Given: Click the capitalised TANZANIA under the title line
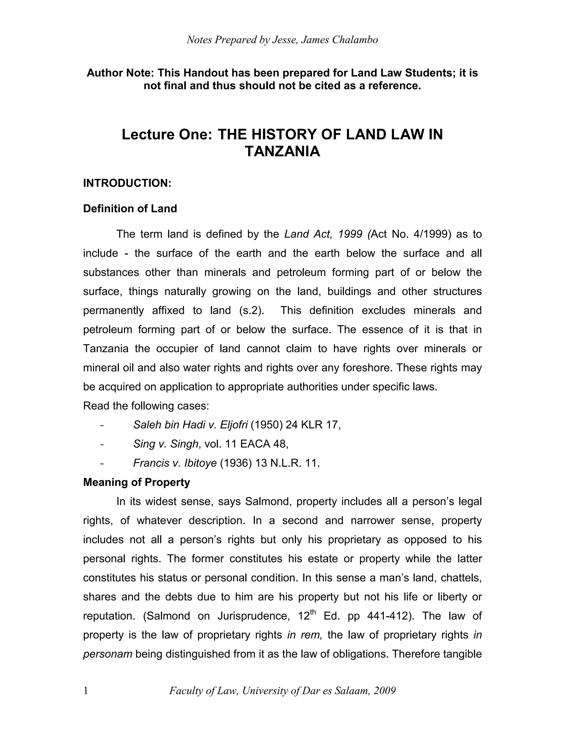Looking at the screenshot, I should coord(282,152).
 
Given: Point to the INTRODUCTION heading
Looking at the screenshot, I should coord(127,183).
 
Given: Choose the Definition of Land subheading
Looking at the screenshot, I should coord(130,209).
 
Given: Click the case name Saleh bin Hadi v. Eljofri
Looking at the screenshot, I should coord(190,425).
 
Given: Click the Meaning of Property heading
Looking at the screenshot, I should coord(137,482).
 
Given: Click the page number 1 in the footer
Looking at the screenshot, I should coord(86,691).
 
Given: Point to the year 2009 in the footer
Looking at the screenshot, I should coord(385,691).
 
